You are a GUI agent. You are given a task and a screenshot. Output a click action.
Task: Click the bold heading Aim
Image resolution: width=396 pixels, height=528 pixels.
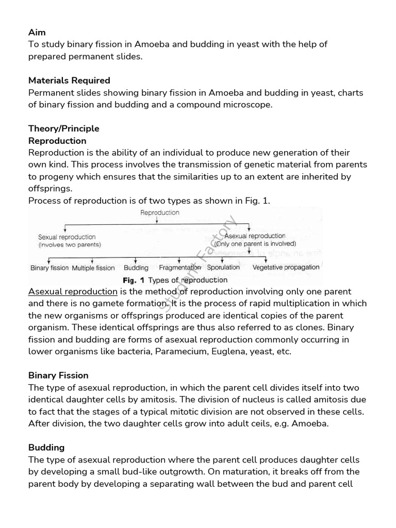(x=37, y=32)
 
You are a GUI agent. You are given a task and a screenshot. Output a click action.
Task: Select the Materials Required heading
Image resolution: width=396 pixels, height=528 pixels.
(x=69, y=80)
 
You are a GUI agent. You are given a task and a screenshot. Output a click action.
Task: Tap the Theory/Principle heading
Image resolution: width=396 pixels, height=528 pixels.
(x=64, y=128)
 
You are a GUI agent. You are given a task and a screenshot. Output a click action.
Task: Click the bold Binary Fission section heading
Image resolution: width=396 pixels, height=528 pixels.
(x=58, y=375)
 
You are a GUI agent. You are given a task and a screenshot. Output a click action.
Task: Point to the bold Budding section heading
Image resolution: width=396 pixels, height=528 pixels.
(x=46, y=447)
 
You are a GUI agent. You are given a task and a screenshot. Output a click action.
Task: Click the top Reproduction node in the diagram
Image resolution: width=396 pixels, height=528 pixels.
(x=160, y=212)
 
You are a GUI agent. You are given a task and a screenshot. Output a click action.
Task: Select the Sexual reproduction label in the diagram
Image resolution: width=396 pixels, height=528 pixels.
(x=67, y=237)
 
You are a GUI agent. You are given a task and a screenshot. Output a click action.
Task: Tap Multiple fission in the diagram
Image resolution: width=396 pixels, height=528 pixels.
(x=93, y=268)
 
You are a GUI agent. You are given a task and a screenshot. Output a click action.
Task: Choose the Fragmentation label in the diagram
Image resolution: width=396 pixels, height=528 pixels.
(x=180, y=268)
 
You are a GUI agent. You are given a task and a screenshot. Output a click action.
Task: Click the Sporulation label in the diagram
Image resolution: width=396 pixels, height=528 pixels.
(x=223, y=267)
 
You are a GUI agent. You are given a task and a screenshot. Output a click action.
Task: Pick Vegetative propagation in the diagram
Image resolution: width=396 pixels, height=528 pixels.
(x=286, y=267)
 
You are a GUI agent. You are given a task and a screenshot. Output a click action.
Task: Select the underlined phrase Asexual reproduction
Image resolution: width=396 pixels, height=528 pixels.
(x=73, y=292)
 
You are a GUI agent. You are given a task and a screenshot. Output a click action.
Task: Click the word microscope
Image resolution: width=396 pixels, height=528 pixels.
(x=247, y=105)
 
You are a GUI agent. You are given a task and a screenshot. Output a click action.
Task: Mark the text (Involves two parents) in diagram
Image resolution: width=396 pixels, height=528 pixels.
(x=70, y=244)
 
